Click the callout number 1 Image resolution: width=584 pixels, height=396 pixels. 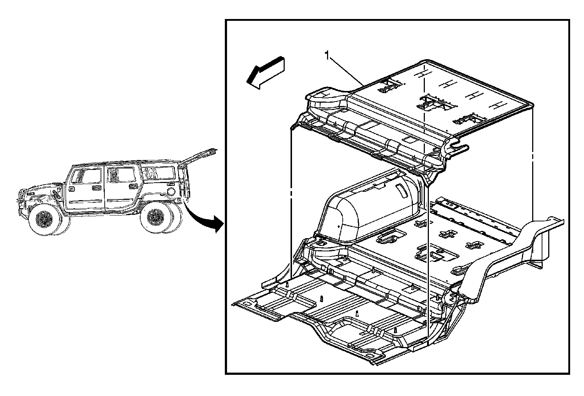point(327,56)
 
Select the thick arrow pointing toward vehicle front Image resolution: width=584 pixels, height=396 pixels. point(265,73)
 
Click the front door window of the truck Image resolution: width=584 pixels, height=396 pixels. point(86,176)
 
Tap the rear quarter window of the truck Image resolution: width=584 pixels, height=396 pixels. point(158,173)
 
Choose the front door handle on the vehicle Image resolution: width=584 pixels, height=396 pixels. point(97,188)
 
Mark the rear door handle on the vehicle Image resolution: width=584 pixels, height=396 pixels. point(134,186)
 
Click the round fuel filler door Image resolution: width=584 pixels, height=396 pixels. point(171,192)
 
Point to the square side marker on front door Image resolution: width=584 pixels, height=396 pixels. point(71,189)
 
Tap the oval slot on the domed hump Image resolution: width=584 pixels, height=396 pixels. point(402,190)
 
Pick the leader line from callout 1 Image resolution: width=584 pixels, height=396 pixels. point(347,71)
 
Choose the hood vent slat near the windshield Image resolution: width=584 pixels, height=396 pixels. point(56,194)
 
